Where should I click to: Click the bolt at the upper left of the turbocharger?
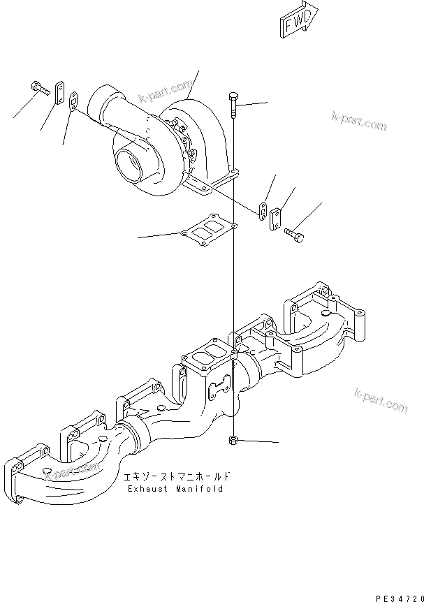(x=39, y=87)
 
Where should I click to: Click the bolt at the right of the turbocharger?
(x=295, y=237)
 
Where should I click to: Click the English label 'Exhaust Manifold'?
(x=175, y=489)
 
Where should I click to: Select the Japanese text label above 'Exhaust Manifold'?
(x=175, y=477)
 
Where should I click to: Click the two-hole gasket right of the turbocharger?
(x=261, y=210)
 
